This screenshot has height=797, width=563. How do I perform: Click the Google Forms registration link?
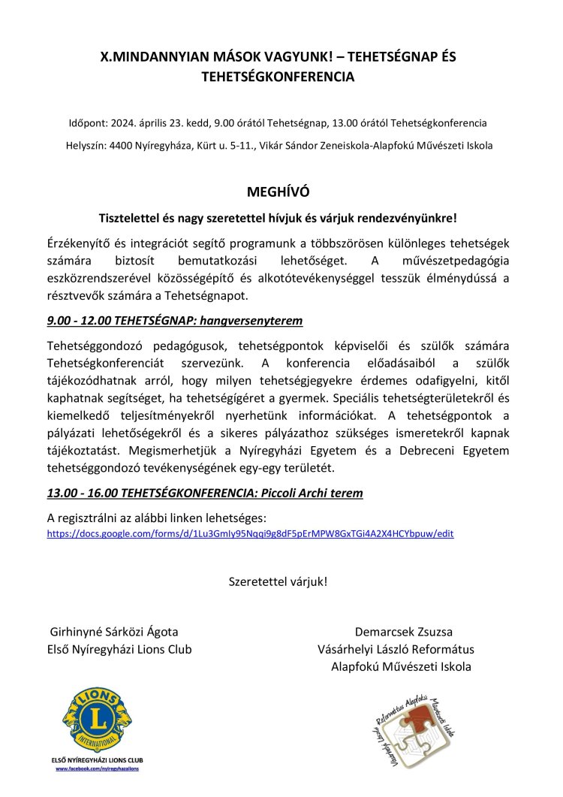click(250, 534)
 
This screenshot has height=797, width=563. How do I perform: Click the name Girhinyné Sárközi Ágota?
click(114, 632)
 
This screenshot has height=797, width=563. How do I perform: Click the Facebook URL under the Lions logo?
click(98, 770)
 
